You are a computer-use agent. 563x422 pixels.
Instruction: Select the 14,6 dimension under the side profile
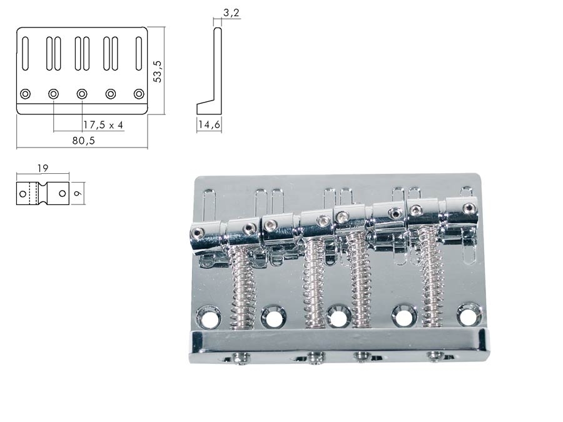(x=209, y=125)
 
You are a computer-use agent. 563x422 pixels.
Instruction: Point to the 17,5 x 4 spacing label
(x=103, y=125)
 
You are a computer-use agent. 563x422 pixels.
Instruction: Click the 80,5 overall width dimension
(x=83, y=141)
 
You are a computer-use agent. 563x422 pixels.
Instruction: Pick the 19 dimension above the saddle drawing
(x=43, y=168)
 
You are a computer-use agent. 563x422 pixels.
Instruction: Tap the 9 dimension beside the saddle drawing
(x=77, y=194)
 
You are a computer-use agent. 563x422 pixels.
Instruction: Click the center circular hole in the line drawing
(x=82, y=94)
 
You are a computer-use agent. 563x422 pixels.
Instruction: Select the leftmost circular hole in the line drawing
(x=25, y=94)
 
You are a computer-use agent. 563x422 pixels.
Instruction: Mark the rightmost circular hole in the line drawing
(x=139, y=94)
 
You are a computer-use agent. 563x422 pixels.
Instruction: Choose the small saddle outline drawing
(x=43, y=194)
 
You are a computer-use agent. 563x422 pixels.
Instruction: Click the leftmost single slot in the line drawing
(x=25, y=53)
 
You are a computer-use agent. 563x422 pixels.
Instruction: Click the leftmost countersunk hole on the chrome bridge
(x=208, y=316)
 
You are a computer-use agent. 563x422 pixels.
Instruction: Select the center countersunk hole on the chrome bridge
(x=338, y=317)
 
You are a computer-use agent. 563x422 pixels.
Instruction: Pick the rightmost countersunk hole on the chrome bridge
(x=469, y=314)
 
